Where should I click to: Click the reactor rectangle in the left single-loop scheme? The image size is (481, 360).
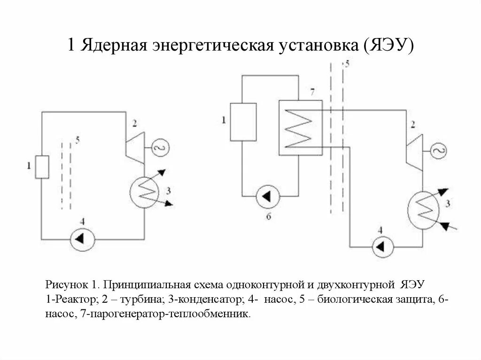point(42,167)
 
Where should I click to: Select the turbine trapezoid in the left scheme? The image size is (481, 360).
point(135,147)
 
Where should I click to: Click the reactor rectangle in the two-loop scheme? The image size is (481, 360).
point(243,122)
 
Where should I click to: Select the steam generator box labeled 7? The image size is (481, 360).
point(300,127)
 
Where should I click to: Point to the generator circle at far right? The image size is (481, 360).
point(439,151)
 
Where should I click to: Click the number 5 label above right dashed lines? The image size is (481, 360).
point(347,64)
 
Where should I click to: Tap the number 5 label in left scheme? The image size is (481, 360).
point(78,140)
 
